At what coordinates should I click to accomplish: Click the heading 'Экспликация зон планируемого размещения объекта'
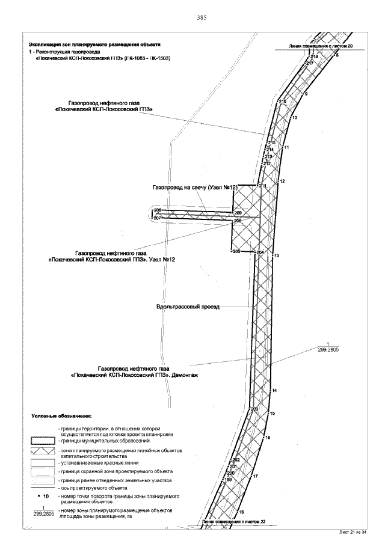pyautogui.click(x=99, y=45)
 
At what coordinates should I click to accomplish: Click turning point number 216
pyautogui.click(x=282, y=102)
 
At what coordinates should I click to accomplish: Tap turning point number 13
pyautogui.click(x=277, y=256)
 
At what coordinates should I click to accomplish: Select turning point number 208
pyautogui.click(x=158, y=209)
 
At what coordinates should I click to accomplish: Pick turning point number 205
pyautogui.click(x=236, y=251)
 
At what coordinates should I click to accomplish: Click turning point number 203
pyautogui.click(x=254, y=409)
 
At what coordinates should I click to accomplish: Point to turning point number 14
pyautogui.click(x=274, y=391)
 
